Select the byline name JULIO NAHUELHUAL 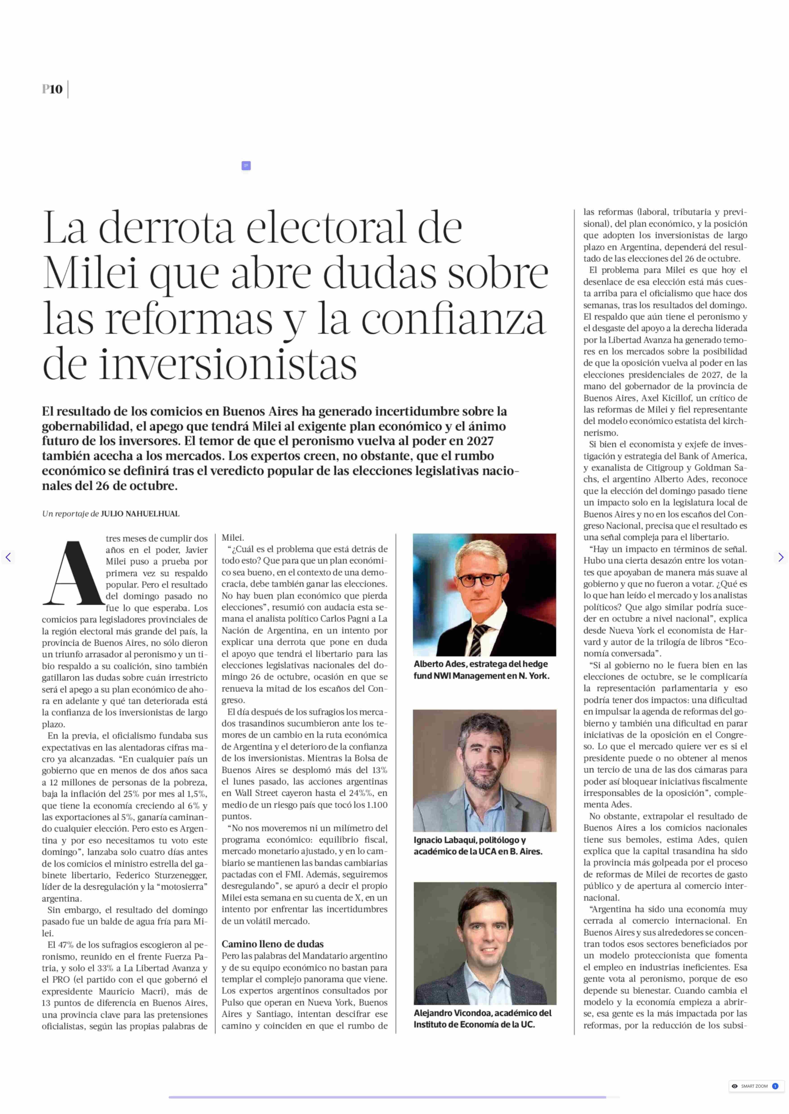click(x=140, y=514)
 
